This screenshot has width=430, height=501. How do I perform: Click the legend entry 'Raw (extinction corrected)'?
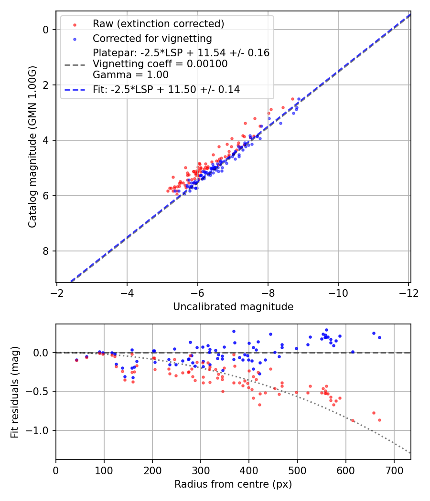click(x=158, y=24)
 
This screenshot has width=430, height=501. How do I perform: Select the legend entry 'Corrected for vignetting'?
click(x=152, y=38)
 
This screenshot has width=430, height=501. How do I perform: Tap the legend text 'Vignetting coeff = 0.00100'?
click(x=160, y=64)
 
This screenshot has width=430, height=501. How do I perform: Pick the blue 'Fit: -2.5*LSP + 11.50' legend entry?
click(x=166, y=89)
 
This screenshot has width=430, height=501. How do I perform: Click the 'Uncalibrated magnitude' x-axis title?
click(x=233, y=307)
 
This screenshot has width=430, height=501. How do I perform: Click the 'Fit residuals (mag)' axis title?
click(x=15, y=391)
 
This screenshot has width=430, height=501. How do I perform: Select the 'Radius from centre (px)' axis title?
click(x=233, y=484)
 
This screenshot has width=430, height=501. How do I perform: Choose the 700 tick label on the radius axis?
click(x=394, y=471)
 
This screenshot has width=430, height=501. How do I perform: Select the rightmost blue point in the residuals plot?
click(x=379, y=337)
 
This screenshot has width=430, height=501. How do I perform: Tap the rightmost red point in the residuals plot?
click(x=379, y=420)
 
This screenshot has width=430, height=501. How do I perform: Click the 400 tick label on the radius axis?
click(x=249, y=471)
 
